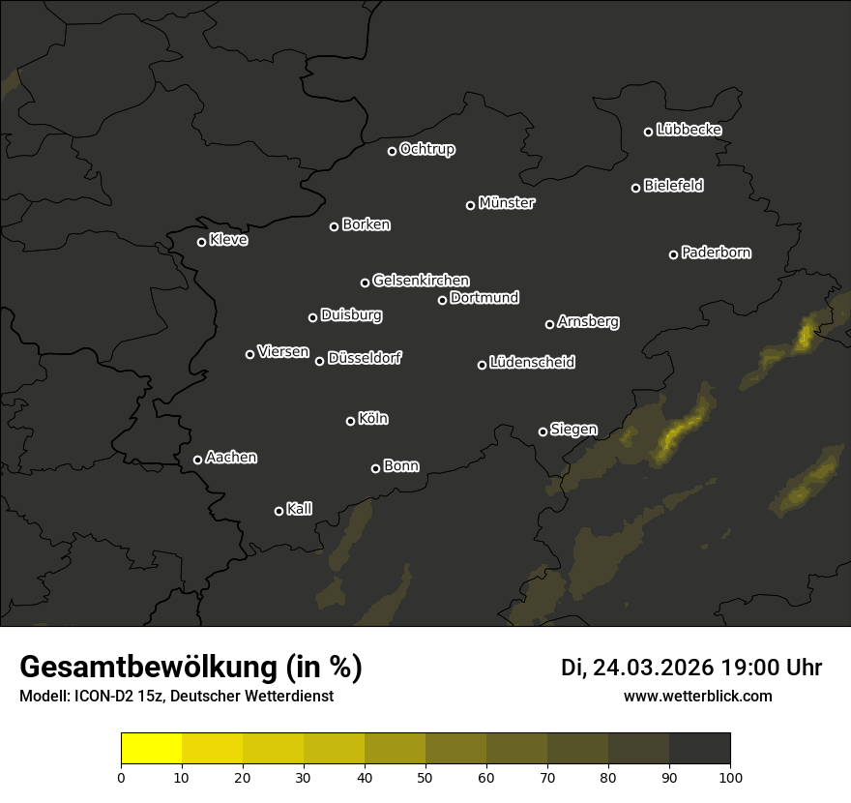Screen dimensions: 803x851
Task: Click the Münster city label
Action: pyautogui.click(x=507, y=203)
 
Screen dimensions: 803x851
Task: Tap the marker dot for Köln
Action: pyautogui.click(x=351, y=421)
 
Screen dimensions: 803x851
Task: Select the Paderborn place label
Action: pyautogui.click(x=717, y=253)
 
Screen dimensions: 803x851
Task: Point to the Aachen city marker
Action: pyautogui.click(x=198, y=460)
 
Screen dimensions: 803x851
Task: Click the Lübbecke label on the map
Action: pyautogui.click(x=689, y=130)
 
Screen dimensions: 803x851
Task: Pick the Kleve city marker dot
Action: pyautogui.click(x=202, y=242)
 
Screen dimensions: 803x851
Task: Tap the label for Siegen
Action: pyautogui.click(x=573, y=430)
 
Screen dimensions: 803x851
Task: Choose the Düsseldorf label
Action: pyautogui.click(x=365, y=358)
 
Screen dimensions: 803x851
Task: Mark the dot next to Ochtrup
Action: pyautogui.click(x=393, y=151)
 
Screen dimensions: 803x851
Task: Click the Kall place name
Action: pyautogui.click(x=300, y=509)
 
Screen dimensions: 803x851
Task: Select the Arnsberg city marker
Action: pyautogui.click(x=550, y=324)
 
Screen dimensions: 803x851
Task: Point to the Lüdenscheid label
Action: pyautogui.click(x=532, y=363)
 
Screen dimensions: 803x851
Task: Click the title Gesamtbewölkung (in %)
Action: pyautogui.click(x=191, y=668)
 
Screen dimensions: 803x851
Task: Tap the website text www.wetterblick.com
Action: pyautogui.click(x=698, y=696)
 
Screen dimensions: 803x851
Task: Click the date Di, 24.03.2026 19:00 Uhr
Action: pyautogui.click(x=691, y=668)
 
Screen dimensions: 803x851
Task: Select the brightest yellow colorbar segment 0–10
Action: pyautogui.click(x=152, y=748)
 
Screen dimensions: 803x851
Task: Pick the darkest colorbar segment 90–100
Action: pyautogui.click(x=699, y=748)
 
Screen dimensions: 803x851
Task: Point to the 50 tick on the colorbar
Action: pyautogui.click(x=425, y=776)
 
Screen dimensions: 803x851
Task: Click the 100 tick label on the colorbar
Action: pyautogui.click(x=730, y=776)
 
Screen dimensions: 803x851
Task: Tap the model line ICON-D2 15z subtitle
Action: pyautogui.click(x=176, y=697)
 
